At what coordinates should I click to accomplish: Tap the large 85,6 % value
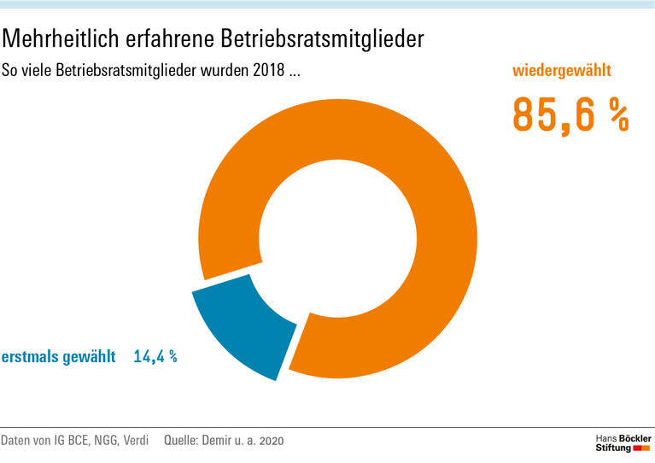coord(570,115)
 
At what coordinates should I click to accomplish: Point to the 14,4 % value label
coord(155,357)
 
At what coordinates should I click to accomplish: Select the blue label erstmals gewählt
coord(58,357)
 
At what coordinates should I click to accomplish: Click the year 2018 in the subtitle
coord(270,71)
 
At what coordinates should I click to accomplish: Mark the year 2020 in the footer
coord(270,441)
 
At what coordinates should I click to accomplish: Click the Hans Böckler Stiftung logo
coord(622,442)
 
